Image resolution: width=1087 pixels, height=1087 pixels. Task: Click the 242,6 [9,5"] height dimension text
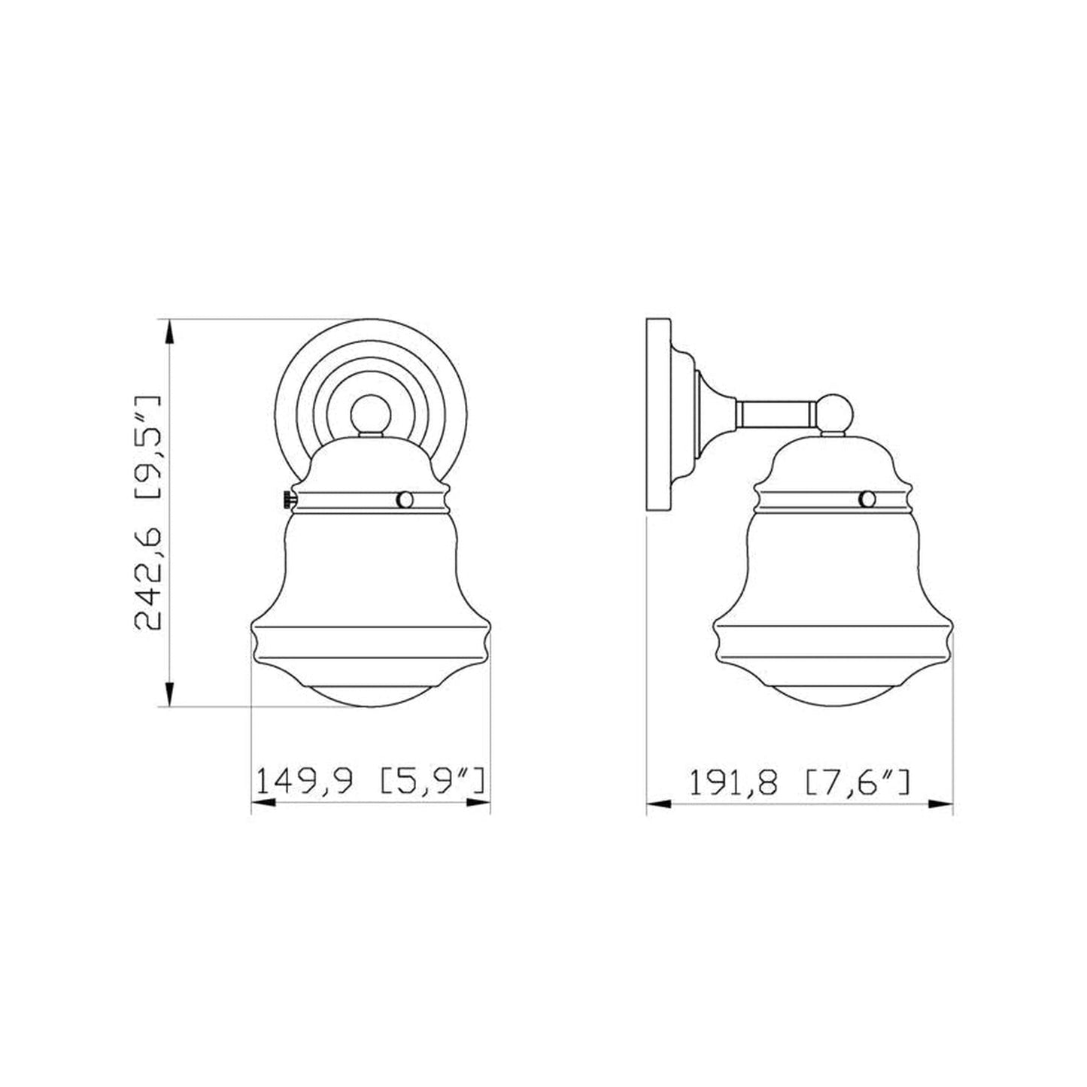[147, 512]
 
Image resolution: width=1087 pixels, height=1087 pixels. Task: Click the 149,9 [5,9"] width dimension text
[369, 782]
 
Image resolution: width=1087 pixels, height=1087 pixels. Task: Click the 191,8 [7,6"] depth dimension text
[799, 782]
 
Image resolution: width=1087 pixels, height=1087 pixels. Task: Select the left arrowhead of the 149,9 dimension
[262, 803]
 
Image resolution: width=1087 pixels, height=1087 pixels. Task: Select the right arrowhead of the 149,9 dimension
[478, 803]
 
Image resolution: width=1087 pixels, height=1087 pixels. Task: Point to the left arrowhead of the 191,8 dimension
[658, 804]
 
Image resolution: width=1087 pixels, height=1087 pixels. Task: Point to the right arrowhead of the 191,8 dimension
[941, 804]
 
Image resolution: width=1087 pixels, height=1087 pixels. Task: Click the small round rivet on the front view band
[405, 499]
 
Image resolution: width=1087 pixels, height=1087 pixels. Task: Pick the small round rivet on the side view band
[867, 499]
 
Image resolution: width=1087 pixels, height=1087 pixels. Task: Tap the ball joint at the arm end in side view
[836, 413]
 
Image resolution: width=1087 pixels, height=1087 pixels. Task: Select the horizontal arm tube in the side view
[775, 413]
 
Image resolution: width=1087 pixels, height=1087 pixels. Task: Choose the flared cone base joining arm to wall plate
[711, 413]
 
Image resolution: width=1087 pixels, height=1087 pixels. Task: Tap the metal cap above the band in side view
[832, 459]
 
